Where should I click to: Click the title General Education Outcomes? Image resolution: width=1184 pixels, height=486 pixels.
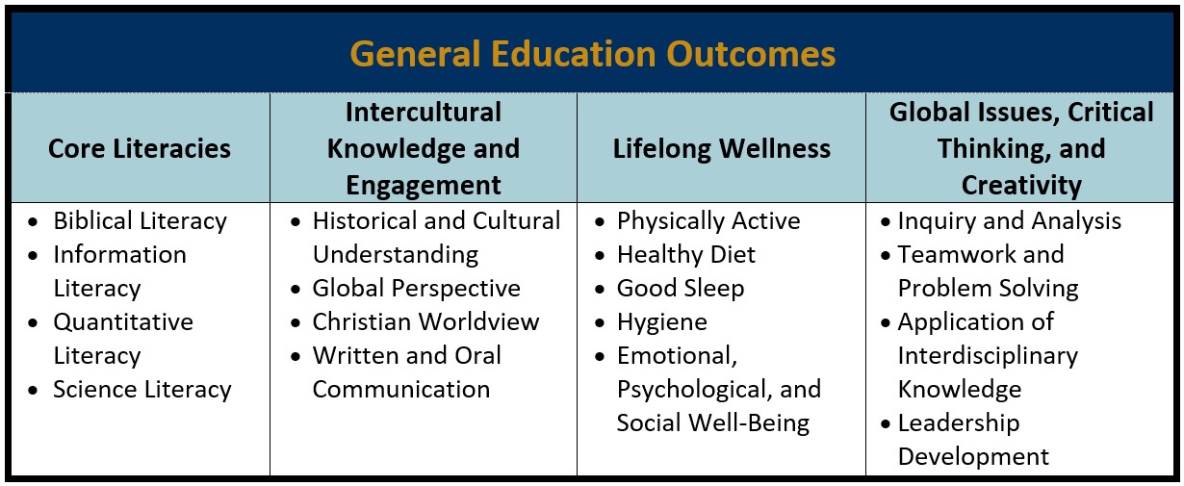tap(593, 55)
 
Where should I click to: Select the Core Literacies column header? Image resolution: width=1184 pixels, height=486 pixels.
tap(140, 148)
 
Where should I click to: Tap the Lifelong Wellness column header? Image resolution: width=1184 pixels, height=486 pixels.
tap(722, 148)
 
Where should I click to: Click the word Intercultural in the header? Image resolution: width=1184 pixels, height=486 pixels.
tap(424, 112)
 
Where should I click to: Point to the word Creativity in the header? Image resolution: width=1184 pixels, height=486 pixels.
tap(1021, 186)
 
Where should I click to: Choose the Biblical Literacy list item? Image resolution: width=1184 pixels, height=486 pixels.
tap(141, 221)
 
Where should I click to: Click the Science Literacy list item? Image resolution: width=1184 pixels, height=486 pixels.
tap(142, 390)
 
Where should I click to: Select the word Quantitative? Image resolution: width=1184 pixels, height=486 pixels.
tap(123, 322)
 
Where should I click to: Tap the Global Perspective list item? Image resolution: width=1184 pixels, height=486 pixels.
tap(416, 289)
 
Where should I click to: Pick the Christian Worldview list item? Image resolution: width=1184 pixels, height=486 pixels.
tap(425, 322)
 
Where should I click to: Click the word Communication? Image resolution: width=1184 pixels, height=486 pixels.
tap(401, 390)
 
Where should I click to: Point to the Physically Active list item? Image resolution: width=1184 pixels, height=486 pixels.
tap(708, 221)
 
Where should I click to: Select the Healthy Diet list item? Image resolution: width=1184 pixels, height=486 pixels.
tap(686, 255)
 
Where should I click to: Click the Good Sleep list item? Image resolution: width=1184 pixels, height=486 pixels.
tap(681, 289)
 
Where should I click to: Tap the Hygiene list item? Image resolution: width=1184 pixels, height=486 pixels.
tap(661, 322)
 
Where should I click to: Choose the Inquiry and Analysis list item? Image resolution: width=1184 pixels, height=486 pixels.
tap(1010, 221)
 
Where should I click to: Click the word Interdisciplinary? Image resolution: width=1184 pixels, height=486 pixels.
tap(988, 356)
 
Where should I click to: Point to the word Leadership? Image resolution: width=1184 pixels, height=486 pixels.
tap(959, 423)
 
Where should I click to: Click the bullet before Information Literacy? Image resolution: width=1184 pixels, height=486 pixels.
tap(34, 256)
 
